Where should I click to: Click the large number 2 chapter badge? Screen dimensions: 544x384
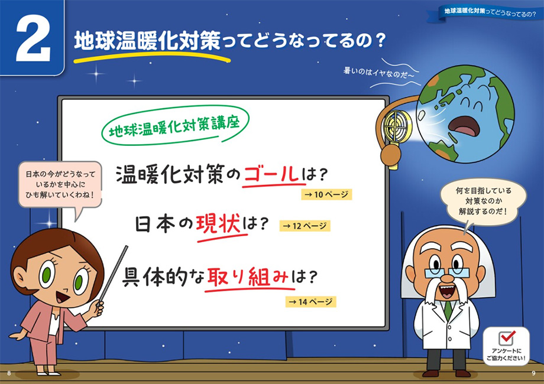tap(32, 37)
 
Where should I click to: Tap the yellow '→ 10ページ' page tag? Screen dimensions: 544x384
tap(326, 194)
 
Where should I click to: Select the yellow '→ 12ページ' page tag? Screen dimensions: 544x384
tap(305, 226)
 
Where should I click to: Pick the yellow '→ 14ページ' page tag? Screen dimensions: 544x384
tap(311, 301)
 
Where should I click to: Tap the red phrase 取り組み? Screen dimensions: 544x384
tap(248, 277)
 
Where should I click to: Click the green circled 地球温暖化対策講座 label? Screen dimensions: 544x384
tap(175, 125)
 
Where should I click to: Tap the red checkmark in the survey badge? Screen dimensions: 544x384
tap(508, 337)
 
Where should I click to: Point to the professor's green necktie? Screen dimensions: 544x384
tap(448, 310)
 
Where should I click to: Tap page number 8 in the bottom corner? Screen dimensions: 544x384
tap(9, 373)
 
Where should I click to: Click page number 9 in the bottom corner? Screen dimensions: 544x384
tap(533, 373)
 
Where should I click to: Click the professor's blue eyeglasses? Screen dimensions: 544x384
tap(447, 272)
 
